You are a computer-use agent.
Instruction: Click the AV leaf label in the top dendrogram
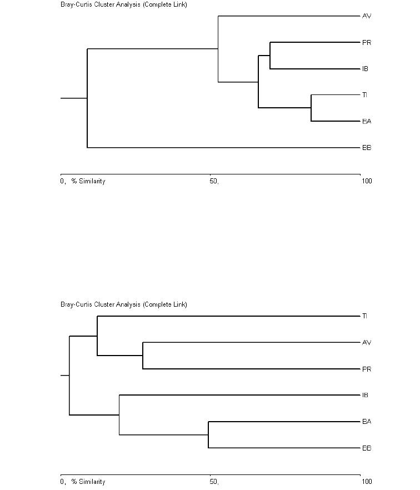367,16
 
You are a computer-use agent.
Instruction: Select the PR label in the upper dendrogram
367,42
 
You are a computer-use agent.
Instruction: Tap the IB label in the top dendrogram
365,69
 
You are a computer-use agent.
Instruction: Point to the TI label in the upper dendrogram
364,94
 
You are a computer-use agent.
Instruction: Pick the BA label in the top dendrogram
367,121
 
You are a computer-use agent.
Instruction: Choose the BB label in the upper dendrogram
367,148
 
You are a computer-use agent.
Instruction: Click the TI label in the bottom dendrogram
364,316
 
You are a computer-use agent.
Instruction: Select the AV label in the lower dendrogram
367,342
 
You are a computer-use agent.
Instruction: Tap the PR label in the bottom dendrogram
367,369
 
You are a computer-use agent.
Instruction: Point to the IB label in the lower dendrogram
365,395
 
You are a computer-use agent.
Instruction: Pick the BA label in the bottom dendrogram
367,422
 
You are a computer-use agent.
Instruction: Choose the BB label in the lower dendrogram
367,448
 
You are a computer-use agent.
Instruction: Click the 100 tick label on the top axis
367,181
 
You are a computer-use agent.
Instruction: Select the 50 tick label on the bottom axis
214,481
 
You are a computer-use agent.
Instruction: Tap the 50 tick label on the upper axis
214,181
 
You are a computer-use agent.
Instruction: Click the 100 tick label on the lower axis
367,481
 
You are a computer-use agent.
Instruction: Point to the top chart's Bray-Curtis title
124,4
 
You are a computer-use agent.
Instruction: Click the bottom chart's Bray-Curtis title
124,304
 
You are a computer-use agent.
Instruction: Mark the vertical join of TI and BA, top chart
311,108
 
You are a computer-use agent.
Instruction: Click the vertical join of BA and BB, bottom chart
208,434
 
